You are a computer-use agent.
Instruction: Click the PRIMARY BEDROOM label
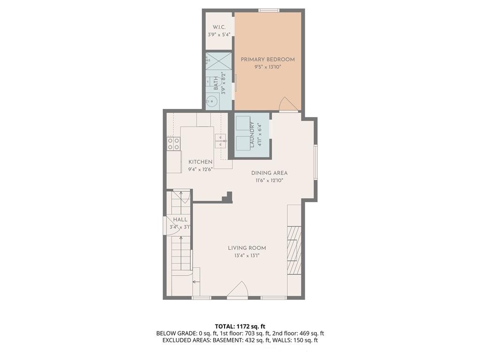point(268,60)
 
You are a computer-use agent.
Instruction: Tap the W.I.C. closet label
point(219,27)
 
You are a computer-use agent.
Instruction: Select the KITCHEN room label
point(201,162)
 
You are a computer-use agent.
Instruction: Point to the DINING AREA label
point(270,173)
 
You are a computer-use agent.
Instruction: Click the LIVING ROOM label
point(247,248)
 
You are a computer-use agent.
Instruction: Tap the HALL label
point(180,219)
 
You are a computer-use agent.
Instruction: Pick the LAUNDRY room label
point(252,135)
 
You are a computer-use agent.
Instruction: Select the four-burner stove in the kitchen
point(173,143)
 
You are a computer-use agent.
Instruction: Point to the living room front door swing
point(238,289)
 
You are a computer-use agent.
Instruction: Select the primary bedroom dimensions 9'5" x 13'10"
point(268,67)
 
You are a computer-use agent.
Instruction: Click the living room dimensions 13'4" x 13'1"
point(247,255)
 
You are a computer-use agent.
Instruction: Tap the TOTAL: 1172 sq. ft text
point(240,326)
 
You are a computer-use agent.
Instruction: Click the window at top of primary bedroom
point(269,10)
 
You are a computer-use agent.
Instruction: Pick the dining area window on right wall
point(315,162)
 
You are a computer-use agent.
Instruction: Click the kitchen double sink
point(220,141)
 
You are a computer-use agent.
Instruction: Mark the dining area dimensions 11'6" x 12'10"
point(270,180)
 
